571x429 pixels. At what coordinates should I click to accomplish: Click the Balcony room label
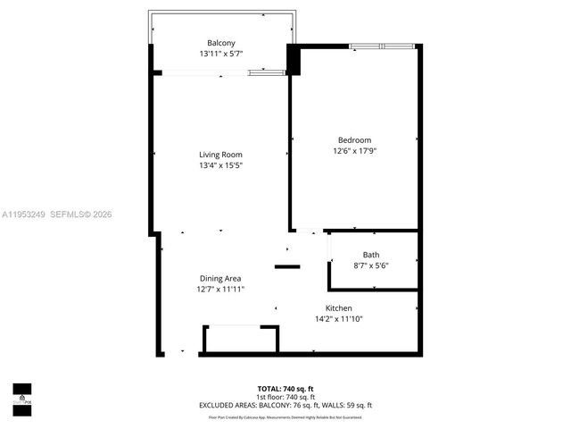coord(221,43)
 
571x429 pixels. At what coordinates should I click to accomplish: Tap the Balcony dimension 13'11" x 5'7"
coord(221,55)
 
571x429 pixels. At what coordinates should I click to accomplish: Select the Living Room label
coord(220,155)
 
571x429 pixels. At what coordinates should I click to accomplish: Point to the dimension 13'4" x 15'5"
coord(220,165)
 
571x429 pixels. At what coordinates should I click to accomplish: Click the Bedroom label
coord(354,139)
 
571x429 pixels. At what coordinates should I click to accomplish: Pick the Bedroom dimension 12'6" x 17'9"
coord(354,150)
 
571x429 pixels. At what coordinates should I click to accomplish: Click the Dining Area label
coord(220,278)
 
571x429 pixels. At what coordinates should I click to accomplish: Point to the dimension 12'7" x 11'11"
coord(220,290)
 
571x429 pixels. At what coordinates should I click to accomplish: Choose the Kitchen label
coord(338,307)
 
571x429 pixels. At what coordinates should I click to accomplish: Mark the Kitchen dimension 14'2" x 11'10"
coord(338,319)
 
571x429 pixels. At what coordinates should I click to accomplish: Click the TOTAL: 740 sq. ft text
coord(285,389)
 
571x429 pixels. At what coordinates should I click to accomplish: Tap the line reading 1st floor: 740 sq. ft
coord(285,397)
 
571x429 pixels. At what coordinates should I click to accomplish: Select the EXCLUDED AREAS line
coord(285,406)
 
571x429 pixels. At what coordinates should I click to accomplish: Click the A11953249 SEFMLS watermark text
coord(57,214)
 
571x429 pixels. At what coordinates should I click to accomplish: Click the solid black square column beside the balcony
coord(293,60)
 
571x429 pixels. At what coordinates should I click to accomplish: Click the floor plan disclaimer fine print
coord(285,416)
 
